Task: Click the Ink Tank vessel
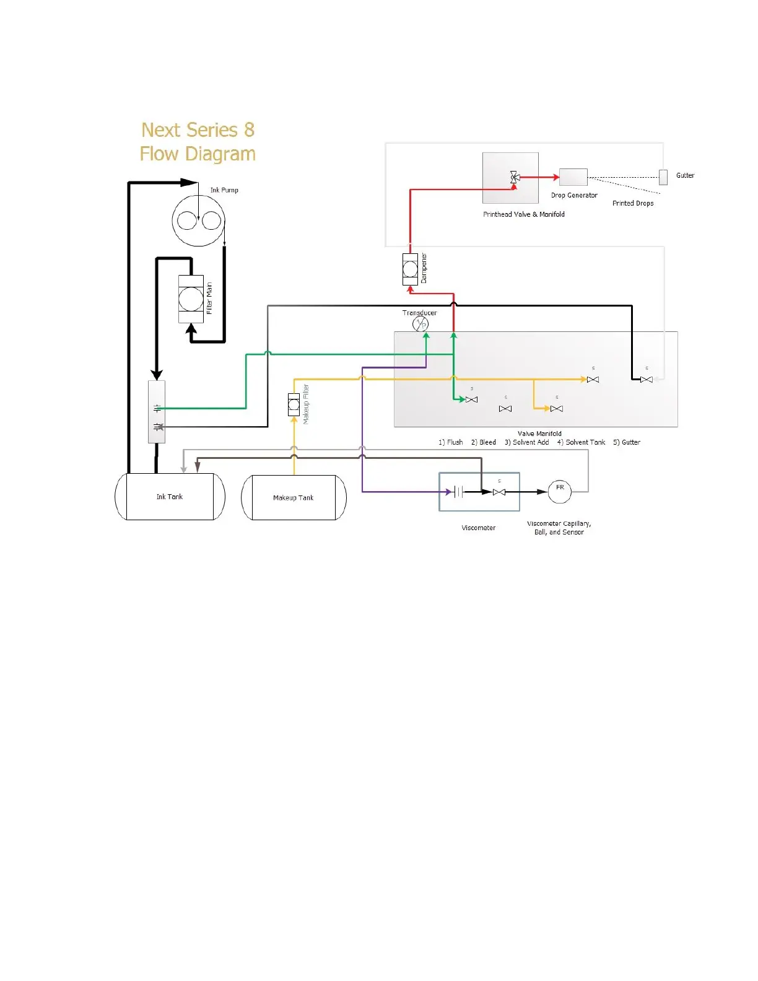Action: click(x=170, y=497)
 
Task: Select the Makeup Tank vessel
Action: click(x=294, y=497)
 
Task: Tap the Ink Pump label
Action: click(x=224, y=190)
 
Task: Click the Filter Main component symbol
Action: click(x=191, y=299)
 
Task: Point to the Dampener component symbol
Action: click(x=410, y=269)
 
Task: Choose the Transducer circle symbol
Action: click(x=420, y=324)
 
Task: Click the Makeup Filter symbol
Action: click(x=294, y=404)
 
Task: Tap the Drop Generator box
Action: click(x=573, y=177)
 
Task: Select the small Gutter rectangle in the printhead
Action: click(x=663, y=177)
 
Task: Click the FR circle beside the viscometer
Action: click(x=560, y=492)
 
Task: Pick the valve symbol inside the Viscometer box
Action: click(x=499, y=492)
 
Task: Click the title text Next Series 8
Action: click(x=198, y=130)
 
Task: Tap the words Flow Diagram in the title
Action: click(x=198, y=154)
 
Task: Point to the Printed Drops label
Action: click(x=633, y=203)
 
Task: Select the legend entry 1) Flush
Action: click(x=451, y=442)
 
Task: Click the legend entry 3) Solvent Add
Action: click(x=526, y=442)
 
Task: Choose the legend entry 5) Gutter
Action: click(x=627, y=442)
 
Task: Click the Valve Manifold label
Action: click(x=539, y=434)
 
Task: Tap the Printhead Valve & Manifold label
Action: click(x=524, y=214)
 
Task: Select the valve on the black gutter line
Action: click(x=647, y=380)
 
